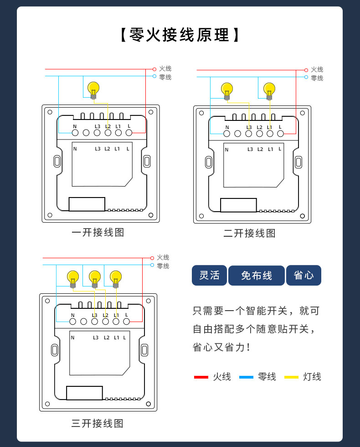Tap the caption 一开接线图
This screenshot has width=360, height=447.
coord(98,232)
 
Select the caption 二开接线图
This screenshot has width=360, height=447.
coord(249,233)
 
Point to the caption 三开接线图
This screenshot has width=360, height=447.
coord(98,423)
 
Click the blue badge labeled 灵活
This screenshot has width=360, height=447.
coord(209,275)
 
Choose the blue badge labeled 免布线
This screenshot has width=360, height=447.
coord(256,275)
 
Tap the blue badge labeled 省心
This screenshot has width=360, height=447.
coord(303,275)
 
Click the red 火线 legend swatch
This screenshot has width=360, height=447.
coord(201,377)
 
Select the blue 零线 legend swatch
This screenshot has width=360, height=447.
coord(246,377)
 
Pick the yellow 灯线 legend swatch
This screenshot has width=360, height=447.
coord(291,377)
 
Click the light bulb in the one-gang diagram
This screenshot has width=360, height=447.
coord(93,89)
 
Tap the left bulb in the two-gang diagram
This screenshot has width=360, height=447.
coord(227,90)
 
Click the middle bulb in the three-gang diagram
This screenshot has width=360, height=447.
coord(95,278)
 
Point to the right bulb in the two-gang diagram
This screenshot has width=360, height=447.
coord(269,90)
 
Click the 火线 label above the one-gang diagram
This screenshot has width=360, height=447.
coord(165,68)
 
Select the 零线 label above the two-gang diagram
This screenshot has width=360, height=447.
coord(317,78)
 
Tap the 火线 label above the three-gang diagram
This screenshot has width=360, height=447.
coord(163,258)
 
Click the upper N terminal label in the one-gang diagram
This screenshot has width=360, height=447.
coord(75,126)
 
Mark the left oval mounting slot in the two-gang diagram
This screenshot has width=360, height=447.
coord(208,162)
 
